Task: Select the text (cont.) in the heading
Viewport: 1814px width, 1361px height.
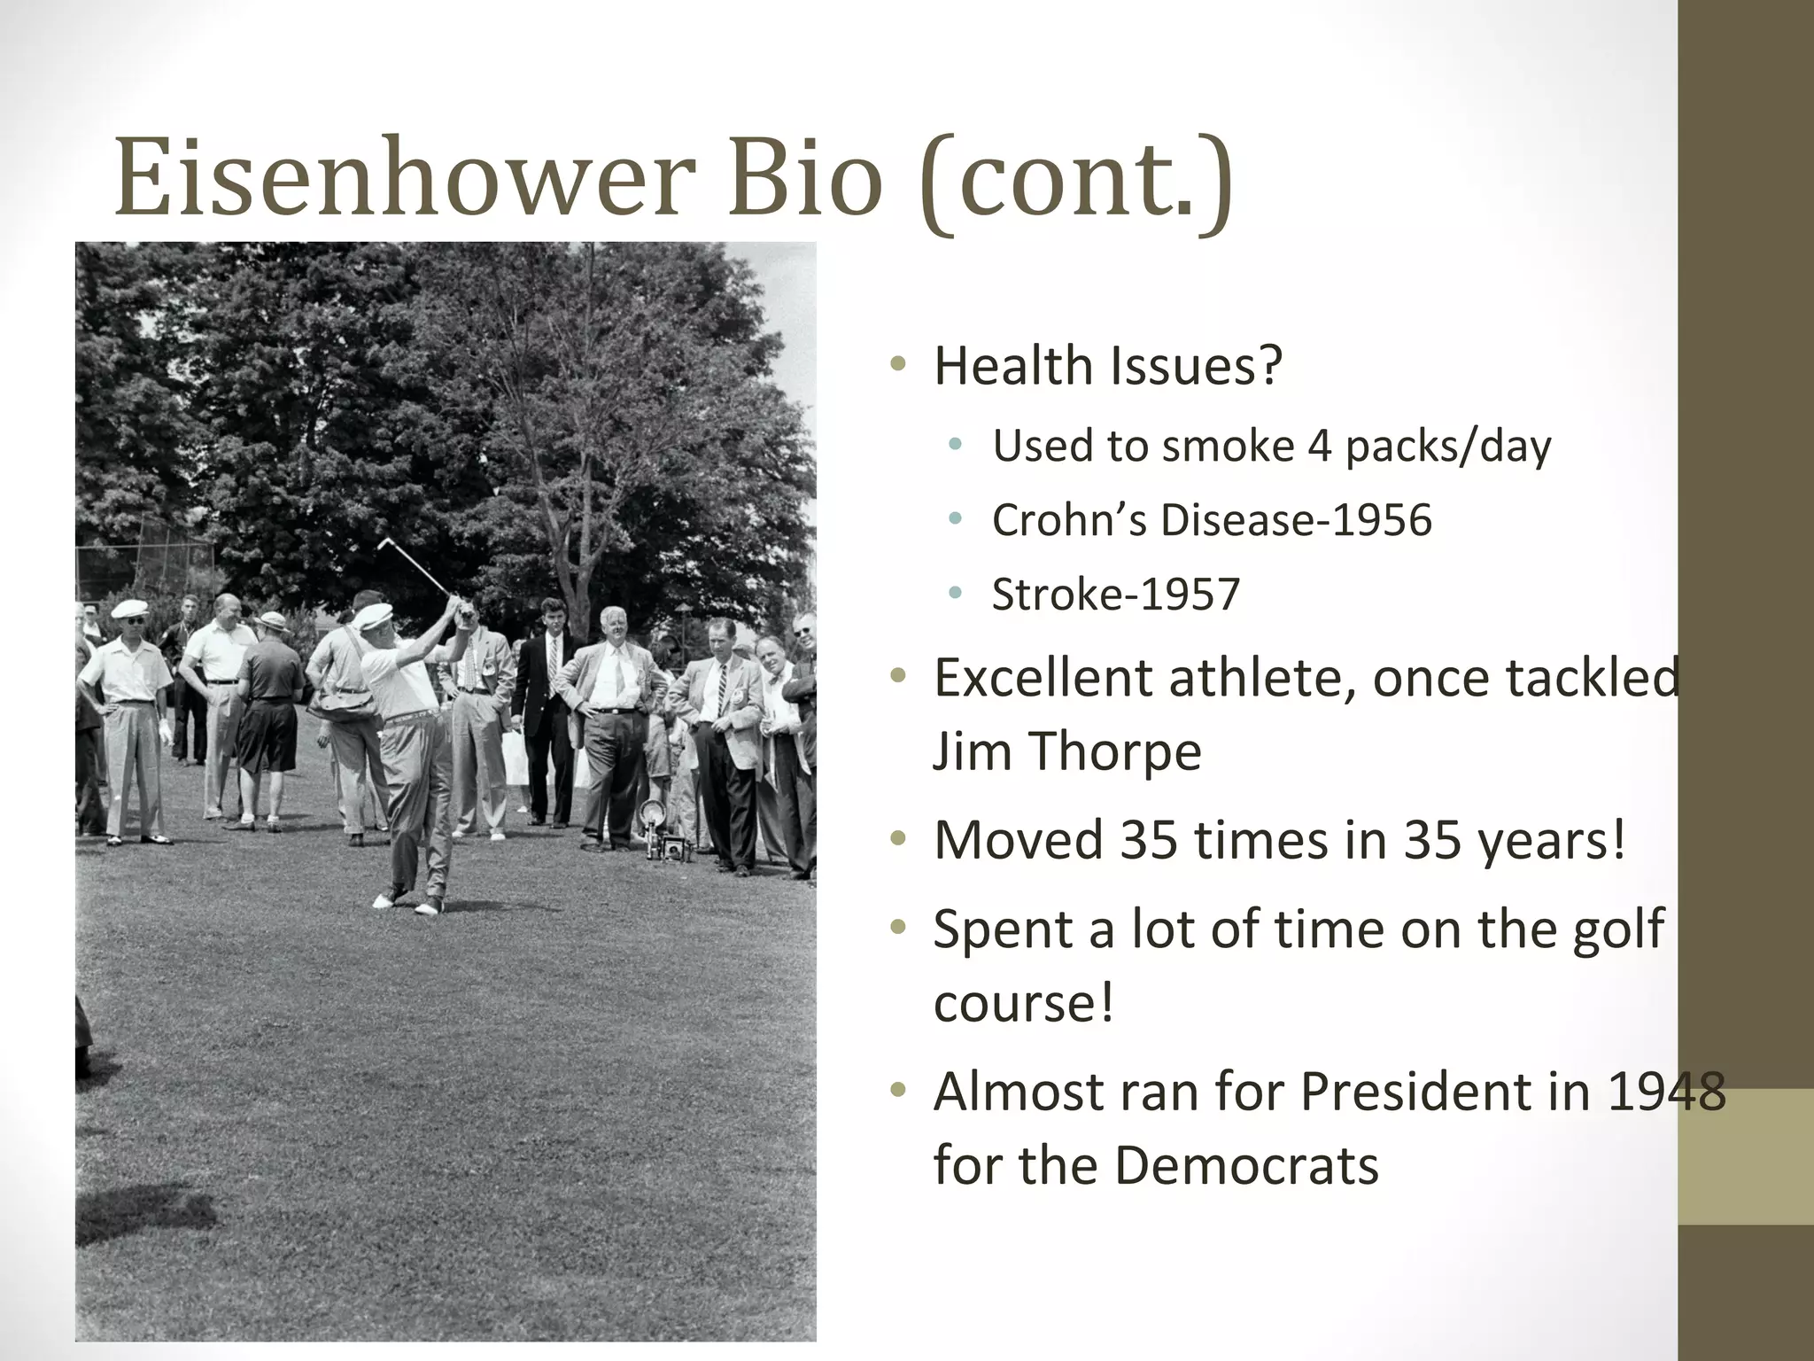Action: (1075, 182)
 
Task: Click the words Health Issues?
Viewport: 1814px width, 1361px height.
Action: (1107, 366)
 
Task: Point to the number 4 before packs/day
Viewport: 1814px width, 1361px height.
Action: (1319, 446)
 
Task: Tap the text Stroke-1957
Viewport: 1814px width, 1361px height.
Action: (1115, 595)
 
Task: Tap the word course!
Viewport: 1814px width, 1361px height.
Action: (1023, 1004)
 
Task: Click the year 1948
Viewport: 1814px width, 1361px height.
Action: (1665, 1092)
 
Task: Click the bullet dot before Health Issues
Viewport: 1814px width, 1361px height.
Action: (898, 364)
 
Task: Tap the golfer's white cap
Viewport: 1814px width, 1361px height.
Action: (373, 615)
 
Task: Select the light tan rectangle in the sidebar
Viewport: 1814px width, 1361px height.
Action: (1745, 1156)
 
